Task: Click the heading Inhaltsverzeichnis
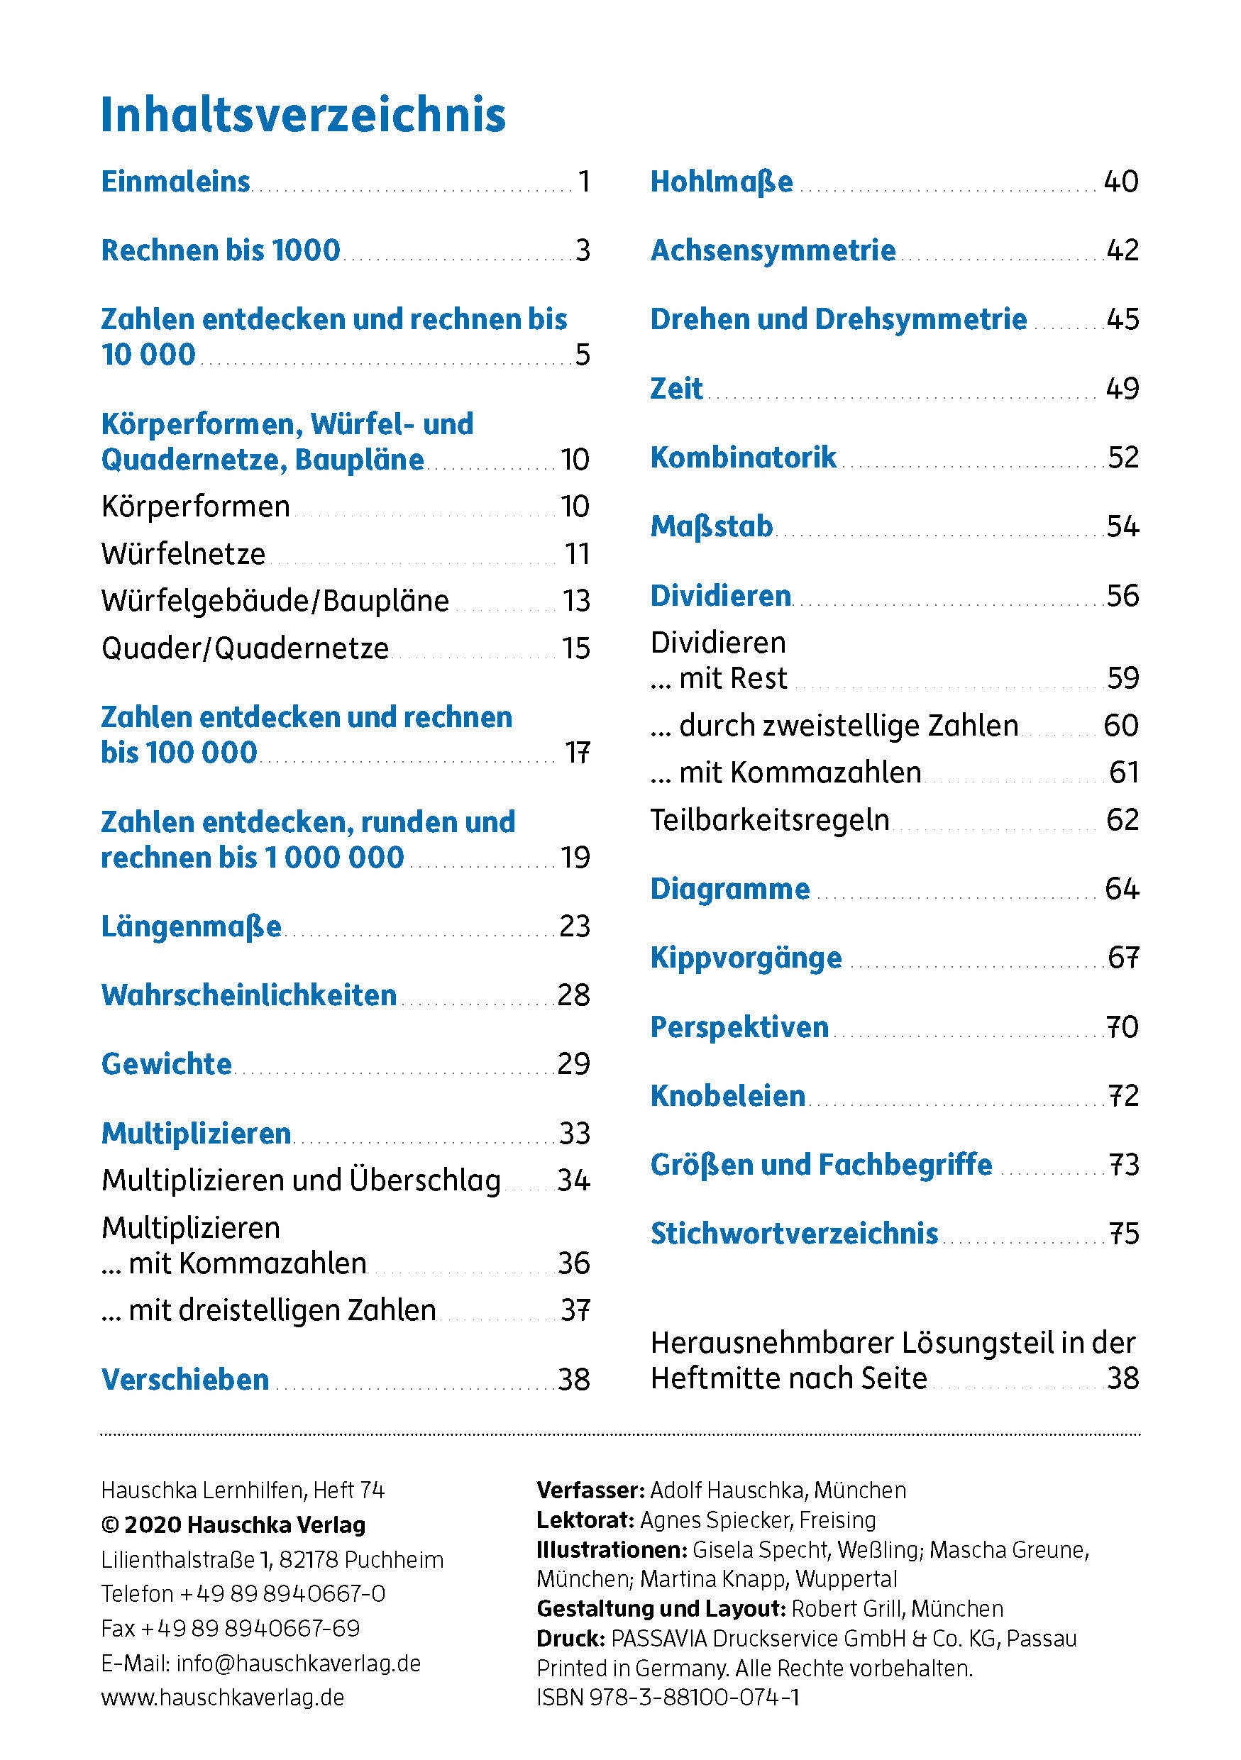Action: pos(303,115)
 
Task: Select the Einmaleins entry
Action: pos(175,182)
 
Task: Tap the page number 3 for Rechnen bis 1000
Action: pos(583,250)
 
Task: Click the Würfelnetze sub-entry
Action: pos(183,553)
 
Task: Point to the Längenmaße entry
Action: pos(192,926)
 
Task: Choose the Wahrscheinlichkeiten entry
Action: pos(249,995)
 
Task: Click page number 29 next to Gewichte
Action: pos(573,1064)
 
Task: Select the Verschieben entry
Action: pos(185,1380)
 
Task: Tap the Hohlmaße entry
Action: pos(722,182)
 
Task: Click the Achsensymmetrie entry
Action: pos(773,250)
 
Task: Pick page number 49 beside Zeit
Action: pos(1123,389)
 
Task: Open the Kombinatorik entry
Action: pos(743,458)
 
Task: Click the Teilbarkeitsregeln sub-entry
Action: pos(770,820)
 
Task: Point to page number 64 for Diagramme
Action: pos(1121,889)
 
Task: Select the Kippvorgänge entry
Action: pos(746,958)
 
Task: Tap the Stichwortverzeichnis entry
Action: pos(794,1234)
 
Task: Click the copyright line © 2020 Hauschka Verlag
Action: pos(233,1524)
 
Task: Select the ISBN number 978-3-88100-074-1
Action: pos(694,1697)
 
